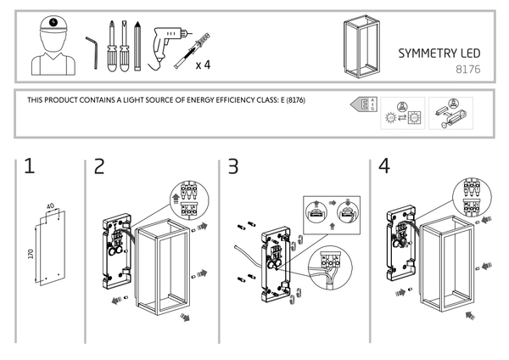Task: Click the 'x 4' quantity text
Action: (x=204, y=65)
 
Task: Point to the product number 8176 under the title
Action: (x=468, y=68)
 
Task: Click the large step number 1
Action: (x=30, y=166)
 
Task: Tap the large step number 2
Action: (x=100, y=166)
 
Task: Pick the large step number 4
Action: (x=384, y=166)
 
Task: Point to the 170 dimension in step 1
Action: (x=31, y=255)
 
